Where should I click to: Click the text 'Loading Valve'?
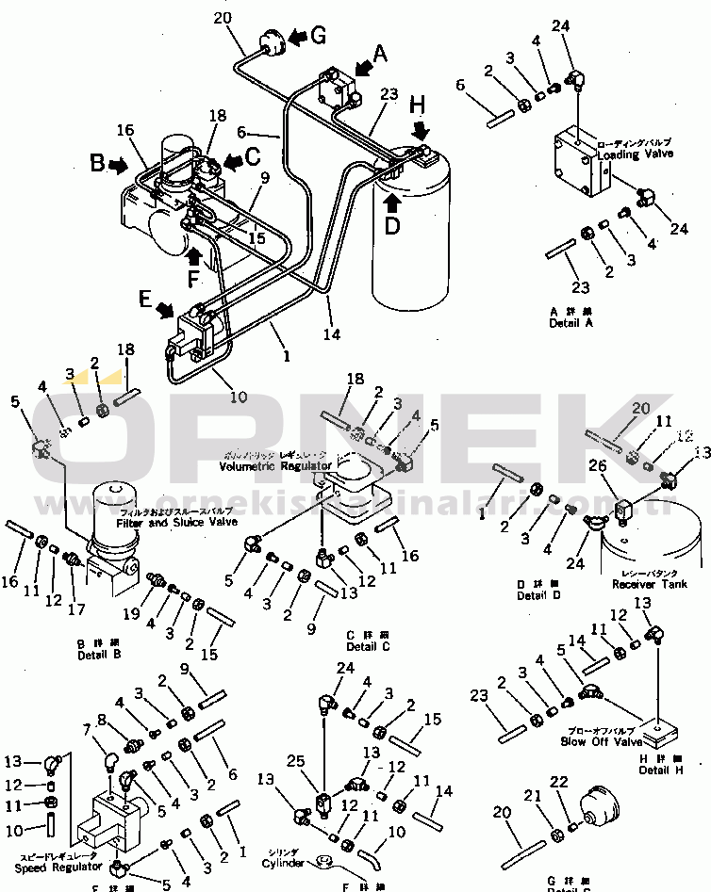click(635, 154)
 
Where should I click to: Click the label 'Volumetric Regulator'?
click(275, 466)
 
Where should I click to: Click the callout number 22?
click(558, 782)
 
